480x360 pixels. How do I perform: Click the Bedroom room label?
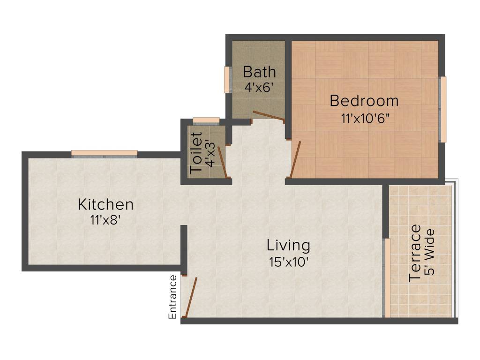(364, 101)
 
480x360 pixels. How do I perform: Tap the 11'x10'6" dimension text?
(366, 118)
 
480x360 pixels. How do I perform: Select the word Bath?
(259, 72)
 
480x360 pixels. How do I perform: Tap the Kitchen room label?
(105, 204)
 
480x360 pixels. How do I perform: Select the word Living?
(288, 245)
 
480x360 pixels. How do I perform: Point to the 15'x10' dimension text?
(288, 262)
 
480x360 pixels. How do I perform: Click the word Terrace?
(415, 253)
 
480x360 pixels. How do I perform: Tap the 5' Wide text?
(430, 252)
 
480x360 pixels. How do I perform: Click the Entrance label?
(173, 297)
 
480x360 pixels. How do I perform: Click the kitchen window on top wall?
(105, 153)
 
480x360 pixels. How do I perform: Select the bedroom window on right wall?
(443, 109)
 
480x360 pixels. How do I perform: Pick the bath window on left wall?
(227, 80)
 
